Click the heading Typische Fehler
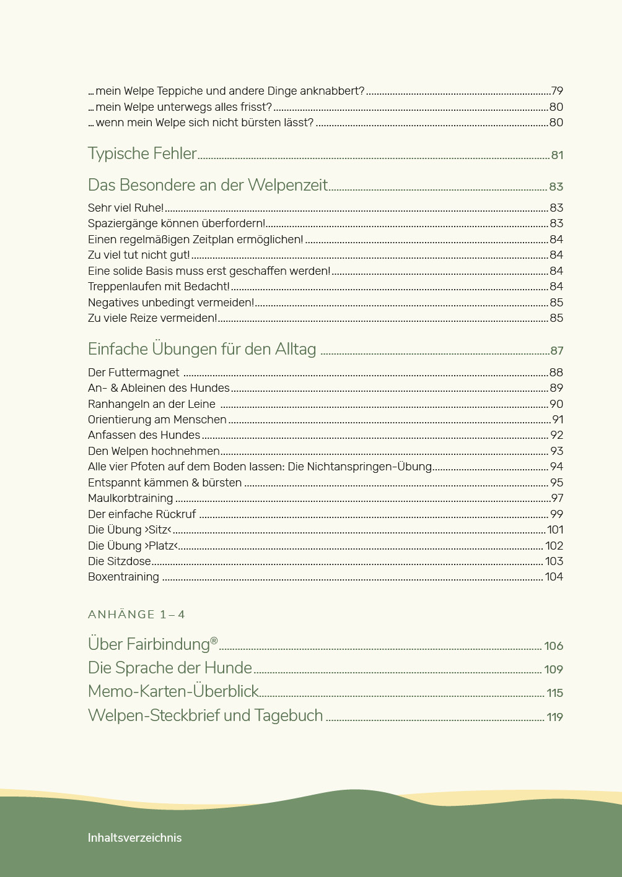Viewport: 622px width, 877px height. pos(142,153)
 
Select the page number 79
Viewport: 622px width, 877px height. pos(556,91)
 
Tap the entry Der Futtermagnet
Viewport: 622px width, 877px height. pos(133,373)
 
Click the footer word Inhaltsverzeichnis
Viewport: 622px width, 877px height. pos(134,838)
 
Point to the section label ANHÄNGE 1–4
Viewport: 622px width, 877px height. pos(136,615)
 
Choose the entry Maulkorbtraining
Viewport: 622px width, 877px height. pos(130,498)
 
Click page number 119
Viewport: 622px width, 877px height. pos(554,717)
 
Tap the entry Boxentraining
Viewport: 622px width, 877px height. pos(123,577)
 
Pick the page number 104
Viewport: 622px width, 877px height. pos(554,577)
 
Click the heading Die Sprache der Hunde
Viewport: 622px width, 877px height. pos(170,668)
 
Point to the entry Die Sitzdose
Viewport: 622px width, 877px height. pos(119,561)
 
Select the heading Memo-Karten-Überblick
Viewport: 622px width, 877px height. pos(173,691)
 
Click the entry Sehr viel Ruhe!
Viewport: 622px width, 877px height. pos(126,208)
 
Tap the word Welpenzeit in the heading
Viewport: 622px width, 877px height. pos(287,185)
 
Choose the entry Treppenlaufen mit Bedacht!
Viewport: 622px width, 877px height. pos(159,287)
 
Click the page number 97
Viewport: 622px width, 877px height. pos(556,498)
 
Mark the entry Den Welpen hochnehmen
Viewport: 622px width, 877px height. pos(154,451)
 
